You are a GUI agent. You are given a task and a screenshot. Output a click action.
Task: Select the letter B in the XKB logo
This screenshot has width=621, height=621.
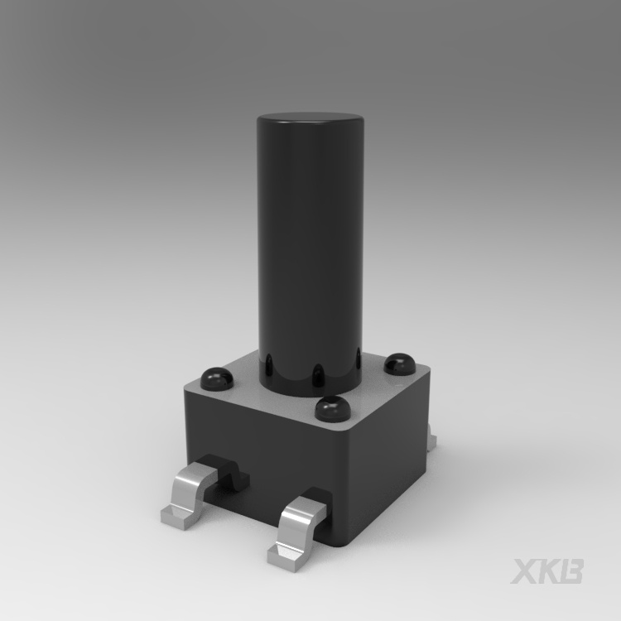pos(571,571)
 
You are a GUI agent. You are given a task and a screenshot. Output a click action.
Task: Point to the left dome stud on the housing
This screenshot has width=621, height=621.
pos(216,378)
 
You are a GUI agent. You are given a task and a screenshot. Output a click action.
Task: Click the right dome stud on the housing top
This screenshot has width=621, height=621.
pos(400,364)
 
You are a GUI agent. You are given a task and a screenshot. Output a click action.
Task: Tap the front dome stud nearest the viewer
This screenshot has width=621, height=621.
pos(334,408)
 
